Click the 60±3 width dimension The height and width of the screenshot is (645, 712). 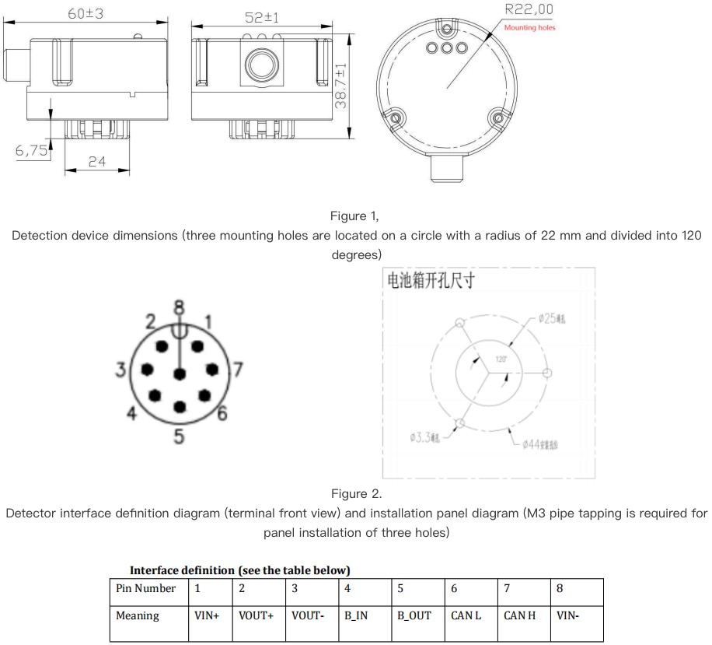click(86, 14)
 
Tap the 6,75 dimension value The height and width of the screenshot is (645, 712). click(32, 151)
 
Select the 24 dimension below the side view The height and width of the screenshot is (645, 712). click(96, 162)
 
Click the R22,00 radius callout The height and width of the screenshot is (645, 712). click(529, 10)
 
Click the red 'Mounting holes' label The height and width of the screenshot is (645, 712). click(530, 28)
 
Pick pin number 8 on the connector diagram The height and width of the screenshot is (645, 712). click(180, 307)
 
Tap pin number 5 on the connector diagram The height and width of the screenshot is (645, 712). click(180, 436)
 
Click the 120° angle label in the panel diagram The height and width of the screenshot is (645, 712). click(501, 359)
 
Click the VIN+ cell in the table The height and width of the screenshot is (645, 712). click(207, 615)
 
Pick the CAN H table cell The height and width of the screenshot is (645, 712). click(519, 615)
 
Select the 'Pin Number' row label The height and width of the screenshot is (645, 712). click(145, 588)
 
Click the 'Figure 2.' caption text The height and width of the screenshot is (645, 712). click(356, 493)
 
